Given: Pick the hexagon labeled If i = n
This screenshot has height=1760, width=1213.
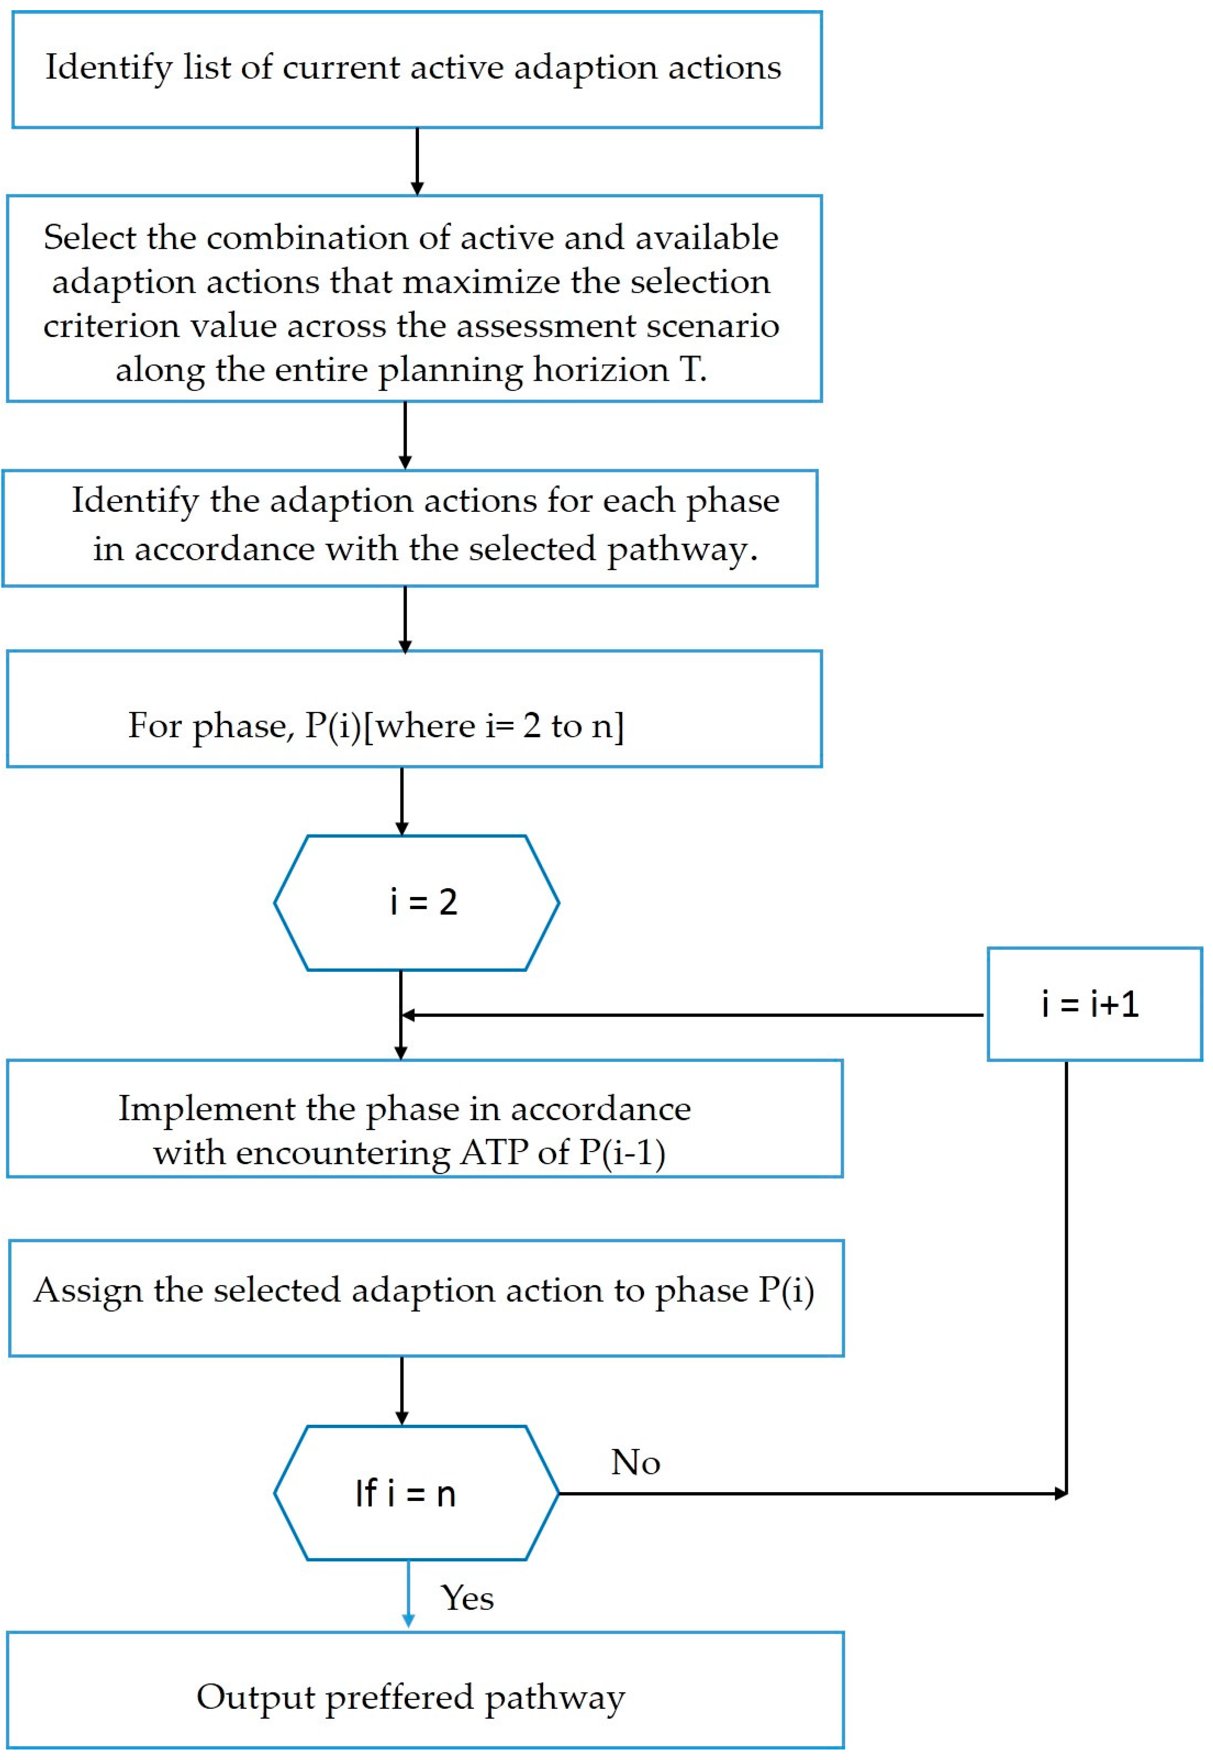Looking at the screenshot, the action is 416,1493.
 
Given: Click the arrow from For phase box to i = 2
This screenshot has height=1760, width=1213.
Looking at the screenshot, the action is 402,801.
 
